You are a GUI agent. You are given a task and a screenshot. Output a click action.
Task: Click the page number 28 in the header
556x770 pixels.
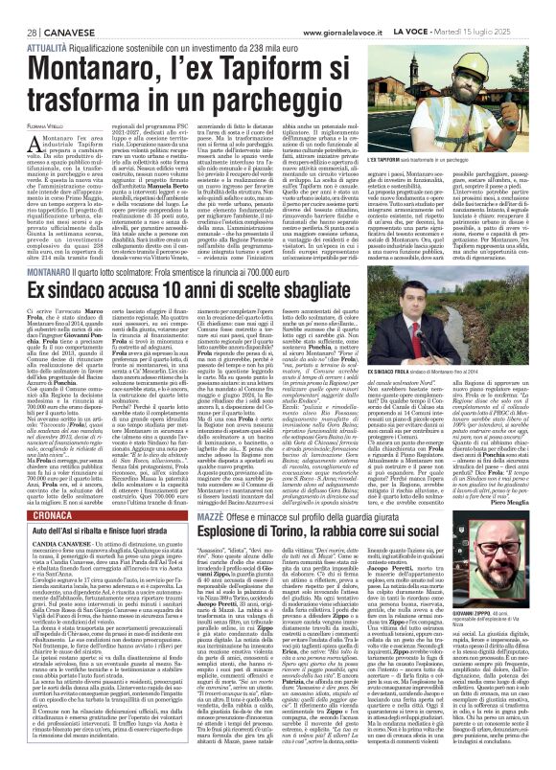pyautogui.click(x=16, y=8)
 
